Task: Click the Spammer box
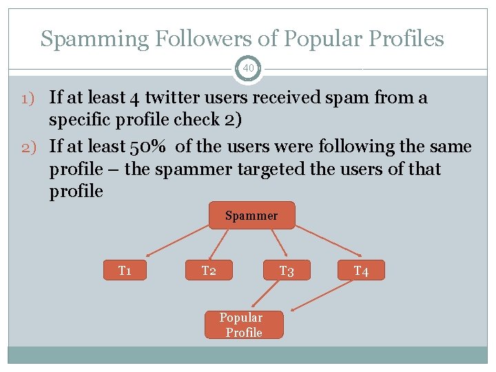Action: click(x=251, y=216)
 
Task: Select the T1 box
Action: click(x=125, y=270)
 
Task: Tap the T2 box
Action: click(x=209, y=270)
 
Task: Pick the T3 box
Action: click(x=287, y=271)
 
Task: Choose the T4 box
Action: click(x=361, y=271)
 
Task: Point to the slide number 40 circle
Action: click(x=248, y=68)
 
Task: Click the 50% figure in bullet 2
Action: click(x=149, y=147)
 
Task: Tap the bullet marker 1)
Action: click(x=34, y=98)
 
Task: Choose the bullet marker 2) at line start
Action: click(x=34, y=147)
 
